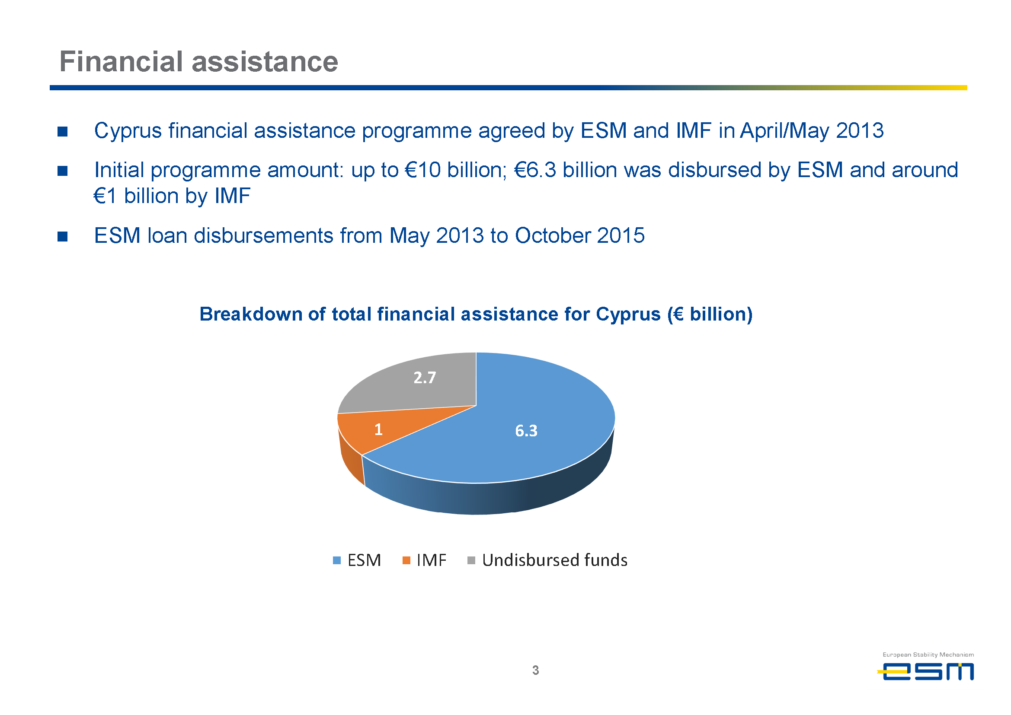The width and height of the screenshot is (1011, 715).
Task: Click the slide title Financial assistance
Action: click(x=199, y=61)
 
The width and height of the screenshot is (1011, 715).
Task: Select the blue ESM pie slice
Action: click(x=507, y=436)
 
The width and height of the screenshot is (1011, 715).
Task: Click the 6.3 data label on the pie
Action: click(x=526, y=431)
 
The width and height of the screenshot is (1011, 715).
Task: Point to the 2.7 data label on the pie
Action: click(x=425, y=377)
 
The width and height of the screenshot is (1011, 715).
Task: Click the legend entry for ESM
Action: click(x=357, y=560)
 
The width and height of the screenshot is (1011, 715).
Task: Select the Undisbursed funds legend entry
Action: click(x=547, y=560)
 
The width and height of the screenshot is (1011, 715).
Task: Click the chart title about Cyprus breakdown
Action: click(x=476, y=314)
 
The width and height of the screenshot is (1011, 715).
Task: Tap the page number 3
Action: click(x=535, y=670)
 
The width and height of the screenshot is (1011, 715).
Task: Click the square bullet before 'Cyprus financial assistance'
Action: click(x=63, y=132)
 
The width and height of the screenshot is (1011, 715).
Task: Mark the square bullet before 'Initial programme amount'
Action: click(x=63, y=171)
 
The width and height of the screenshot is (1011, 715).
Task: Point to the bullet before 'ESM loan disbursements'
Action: click(x=63, y=237)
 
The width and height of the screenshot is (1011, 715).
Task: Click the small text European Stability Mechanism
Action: click(x=928, y=655)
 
